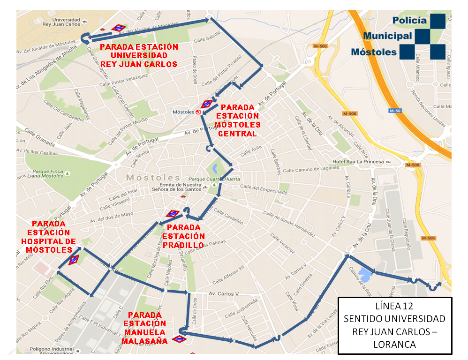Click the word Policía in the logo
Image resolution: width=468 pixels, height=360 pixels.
tap(409, 21)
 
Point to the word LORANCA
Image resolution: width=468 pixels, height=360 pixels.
tap(394, 344)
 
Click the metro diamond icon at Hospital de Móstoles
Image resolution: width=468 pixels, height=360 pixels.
tap(74, 260)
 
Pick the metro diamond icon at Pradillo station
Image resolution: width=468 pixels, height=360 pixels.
tap(173, 214)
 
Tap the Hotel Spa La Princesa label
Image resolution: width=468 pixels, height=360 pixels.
tap(358, 162)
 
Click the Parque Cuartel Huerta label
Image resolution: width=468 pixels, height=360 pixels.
tap(214, 179)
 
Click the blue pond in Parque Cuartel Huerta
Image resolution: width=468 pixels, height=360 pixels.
tap(214, 167)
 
